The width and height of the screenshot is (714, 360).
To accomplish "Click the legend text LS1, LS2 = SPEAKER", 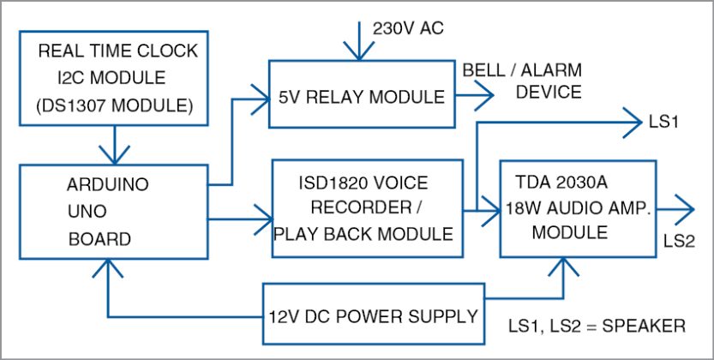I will tap(597, 327).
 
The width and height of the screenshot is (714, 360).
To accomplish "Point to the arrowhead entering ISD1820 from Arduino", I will tap(261, 221).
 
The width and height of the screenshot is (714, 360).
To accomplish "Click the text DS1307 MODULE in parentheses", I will tap(113, 106).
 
